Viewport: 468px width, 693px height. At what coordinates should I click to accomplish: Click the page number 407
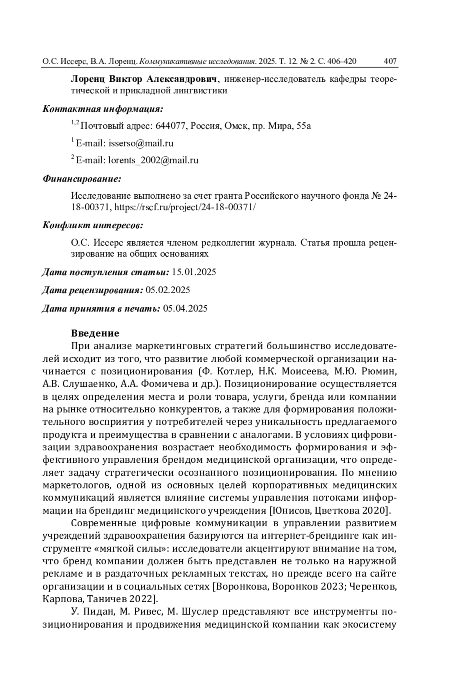pyautogui.click(x=390, y=61)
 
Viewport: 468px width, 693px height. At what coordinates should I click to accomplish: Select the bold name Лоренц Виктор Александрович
pyautogui.click(x=144, y=80)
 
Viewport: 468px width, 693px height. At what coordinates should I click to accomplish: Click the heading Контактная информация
pyautogui.click(x=103, y=109)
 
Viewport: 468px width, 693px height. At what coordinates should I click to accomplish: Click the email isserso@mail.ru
pyautogui.click(x=141, y=143)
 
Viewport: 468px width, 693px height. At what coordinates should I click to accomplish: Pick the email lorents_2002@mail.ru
pyautogui.click(x=153, y=160)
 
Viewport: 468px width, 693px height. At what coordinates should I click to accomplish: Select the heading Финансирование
pyautogui.click(x=82, y=179)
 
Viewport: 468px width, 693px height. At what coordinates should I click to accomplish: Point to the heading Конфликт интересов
pyautogui.click(x=92, y=225)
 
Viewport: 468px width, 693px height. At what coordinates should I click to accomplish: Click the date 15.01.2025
pyautogui.click(x=194, y=272)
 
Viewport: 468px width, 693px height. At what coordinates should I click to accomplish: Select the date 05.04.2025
pyautogui.click(x=186, y=309)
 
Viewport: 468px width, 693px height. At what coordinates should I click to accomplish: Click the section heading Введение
pyautogui.click(x=95, y=333)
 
